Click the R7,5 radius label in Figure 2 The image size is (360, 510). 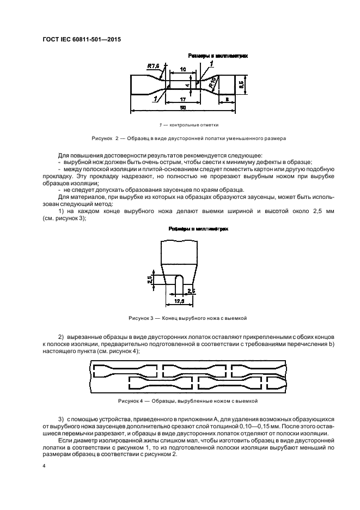point(154,66)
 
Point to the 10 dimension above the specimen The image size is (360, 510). point(182,69)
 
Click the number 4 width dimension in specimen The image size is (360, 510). point(186,85)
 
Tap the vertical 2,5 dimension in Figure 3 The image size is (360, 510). point(150,279)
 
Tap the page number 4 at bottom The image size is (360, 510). point(44,466)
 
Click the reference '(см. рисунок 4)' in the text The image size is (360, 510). point(118,352)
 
